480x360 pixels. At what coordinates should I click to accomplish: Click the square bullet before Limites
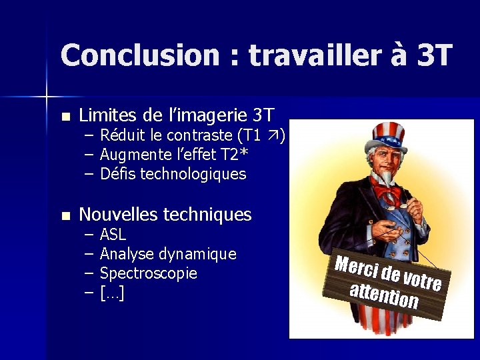(65, 116)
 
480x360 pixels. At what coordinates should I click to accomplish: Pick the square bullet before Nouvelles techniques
(65, 215)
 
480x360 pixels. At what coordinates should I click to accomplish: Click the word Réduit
(123, 136)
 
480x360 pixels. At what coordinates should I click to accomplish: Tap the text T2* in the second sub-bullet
(235, 155)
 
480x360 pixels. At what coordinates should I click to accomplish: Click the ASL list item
(113, 235)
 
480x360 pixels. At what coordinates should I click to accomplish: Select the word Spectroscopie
(148, 273)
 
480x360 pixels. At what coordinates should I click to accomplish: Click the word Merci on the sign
(356, 267)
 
